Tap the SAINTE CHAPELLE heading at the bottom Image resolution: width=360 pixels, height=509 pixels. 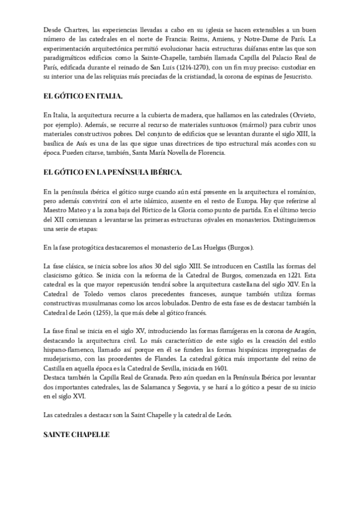(76, 434)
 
